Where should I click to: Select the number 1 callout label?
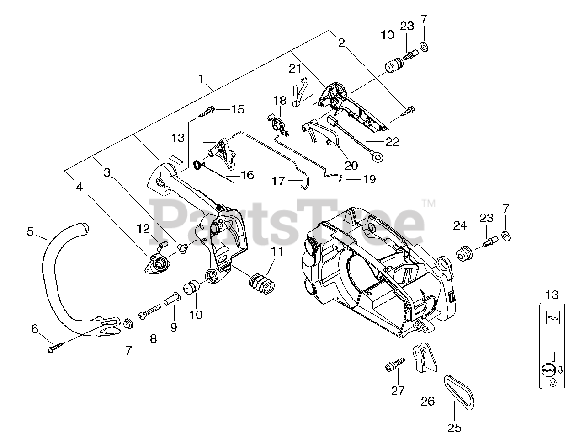click(201, 78)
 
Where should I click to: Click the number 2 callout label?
click(341, 43)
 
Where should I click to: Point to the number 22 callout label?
click(392, 142)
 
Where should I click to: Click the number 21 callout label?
click(295, 69)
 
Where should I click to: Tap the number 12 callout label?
click(143, 228)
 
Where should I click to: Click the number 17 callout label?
click(278, 181)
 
